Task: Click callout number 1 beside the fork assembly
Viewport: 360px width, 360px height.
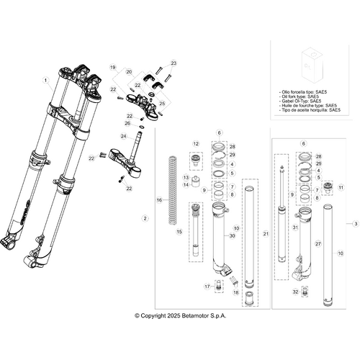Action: (x=45, y=79)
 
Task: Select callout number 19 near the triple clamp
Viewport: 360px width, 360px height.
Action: (x=113, y=67)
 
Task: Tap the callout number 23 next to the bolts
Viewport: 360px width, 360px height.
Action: (x=173, y=63)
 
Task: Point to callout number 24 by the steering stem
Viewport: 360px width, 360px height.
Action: (x=124, y=136)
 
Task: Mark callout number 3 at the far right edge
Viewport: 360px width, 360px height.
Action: (x=355, y=225)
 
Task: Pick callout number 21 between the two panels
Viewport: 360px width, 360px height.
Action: (x=266, y=234)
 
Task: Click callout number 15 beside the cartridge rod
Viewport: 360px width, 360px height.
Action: (x=180, y=231)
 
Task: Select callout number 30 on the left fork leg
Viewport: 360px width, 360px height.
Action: (x=232, y=236)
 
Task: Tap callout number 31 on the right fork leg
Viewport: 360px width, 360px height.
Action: (x=315, y=228)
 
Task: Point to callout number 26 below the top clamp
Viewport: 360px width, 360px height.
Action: (x=127, y=123)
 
